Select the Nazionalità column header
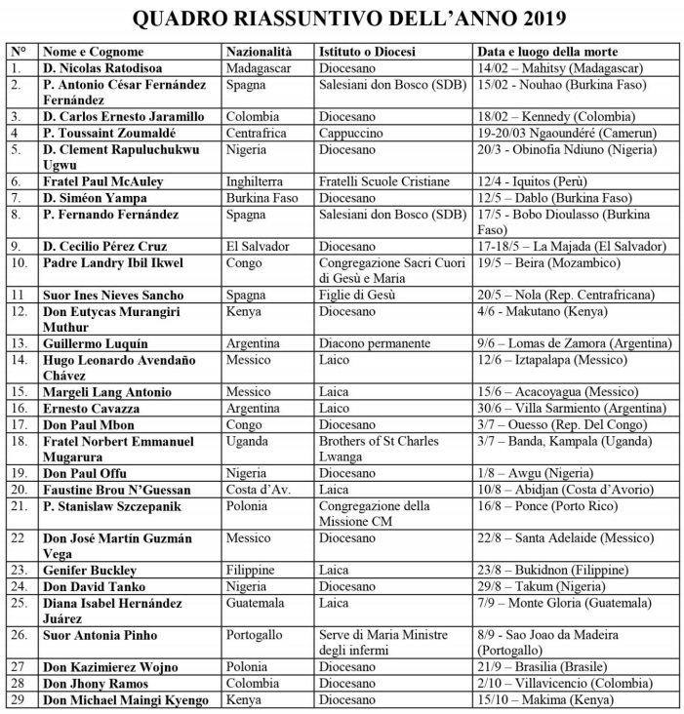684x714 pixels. tap(259, 52)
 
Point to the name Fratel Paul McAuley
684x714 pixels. tap(102, 181)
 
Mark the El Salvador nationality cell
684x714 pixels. tap(258, 246)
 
